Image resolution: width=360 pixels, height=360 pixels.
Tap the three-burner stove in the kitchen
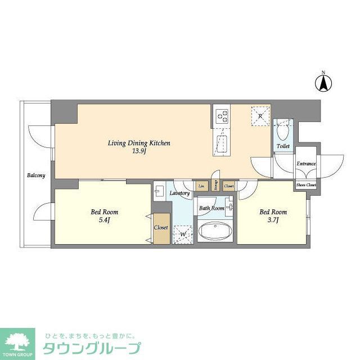coord(222,116)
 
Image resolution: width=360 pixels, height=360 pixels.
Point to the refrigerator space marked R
coord(260,116)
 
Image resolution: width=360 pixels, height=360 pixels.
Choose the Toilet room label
coord(282,146)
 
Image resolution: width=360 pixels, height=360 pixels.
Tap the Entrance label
coord(306,164)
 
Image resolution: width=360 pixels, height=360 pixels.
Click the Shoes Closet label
coord(306,184)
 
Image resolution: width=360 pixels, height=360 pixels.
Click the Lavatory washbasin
coord(159,190)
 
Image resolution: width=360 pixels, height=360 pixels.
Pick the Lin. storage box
coord(201,186)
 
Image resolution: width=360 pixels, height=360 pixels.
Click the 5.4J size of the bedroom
coord(105,220)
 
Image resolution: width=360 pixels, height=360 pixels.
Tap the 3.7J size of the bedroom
coord(273,220)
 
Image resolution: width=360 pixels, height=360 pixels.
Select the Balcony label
coord(36,175)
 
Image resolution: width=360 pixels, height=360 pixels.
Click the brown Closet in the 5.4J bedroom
coord(161,228)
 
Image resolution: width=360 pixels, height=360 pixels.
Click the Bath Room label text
coord(211,208)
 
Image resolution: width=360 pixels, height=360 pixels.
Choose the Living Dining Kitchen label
coord(138,143)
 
